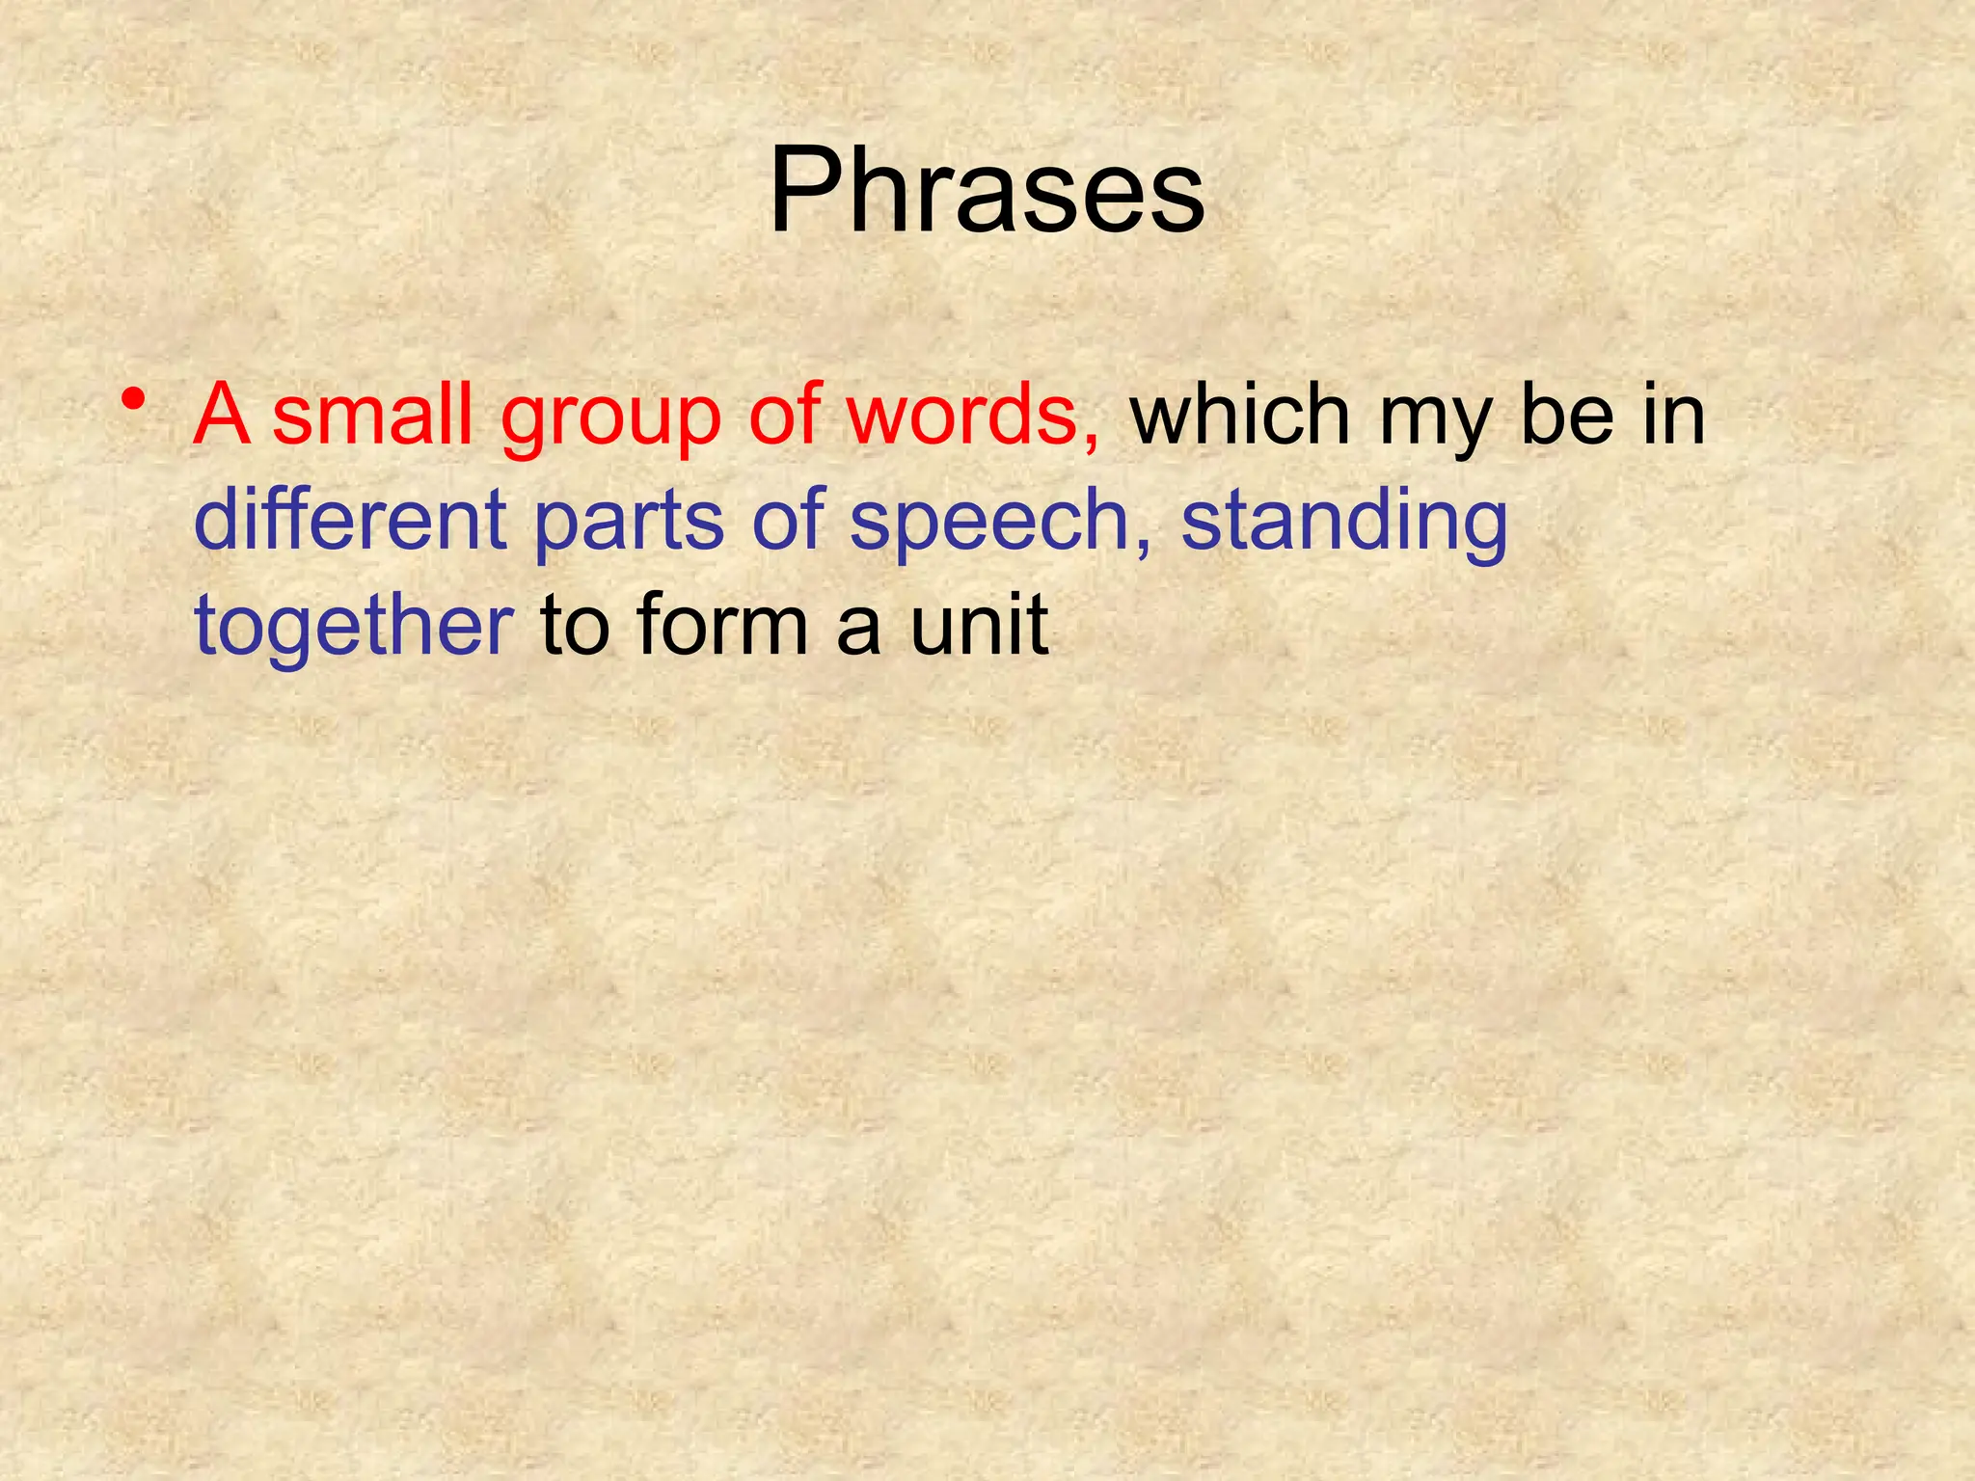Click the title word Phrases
[x=987, y=190]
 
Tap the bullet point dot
[x=135, y=398]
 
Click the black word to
[x=575, y=626]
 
